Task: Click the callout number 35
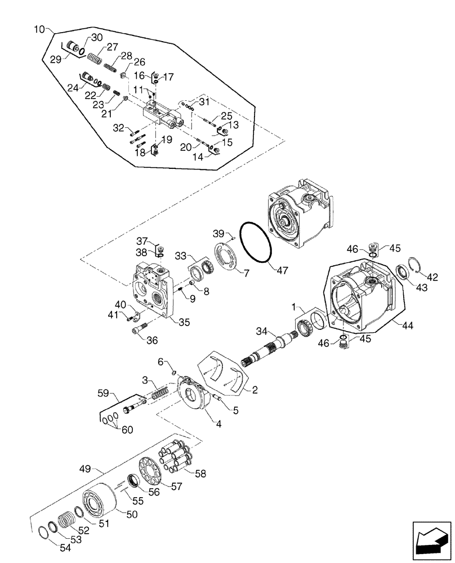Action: (x=184, y=323)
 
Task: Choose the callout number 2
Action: (x=255, y=389)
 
